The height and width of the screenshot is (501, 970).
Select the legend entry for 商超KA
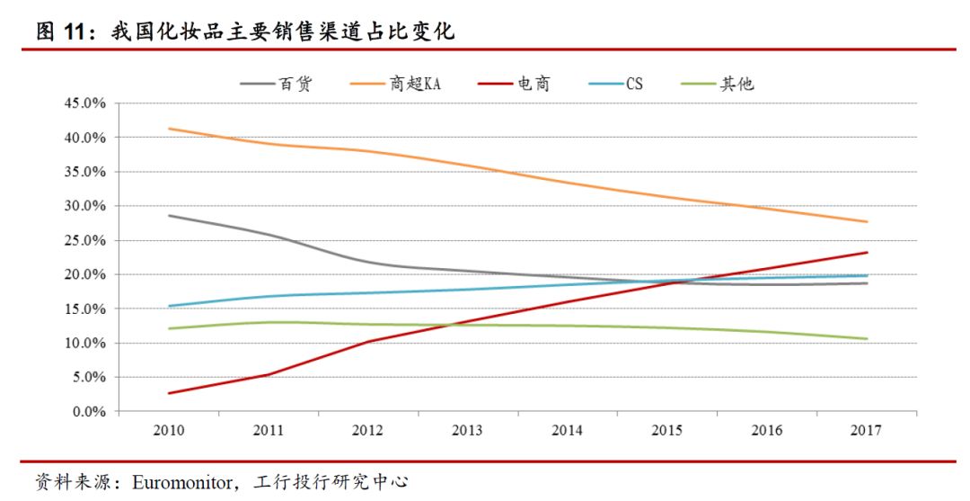point(416,85)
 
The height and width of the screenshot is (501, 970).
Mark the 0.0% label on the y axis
point(89,412)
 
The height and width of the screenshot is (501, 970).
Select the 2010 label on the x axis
point(170,431)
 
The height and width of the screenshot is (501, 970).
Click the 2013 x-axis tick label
point(468,431)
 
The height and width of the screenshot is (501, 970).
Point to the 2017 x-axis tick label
point(867,431)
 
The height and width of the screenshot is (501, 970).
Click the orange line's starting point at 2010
point(170,129)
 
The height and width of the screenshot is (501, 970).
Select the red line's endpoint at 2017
point(867,253)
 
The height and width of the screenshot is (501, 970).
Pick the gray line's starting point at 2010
point(170,216)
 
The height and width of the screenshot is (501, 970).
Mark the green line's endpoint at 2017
point(867,339)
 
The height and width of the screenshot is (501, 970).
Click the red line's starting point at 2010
point(170,393)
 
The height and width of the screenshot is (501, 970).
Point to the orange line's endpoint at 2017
point(867,222)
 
